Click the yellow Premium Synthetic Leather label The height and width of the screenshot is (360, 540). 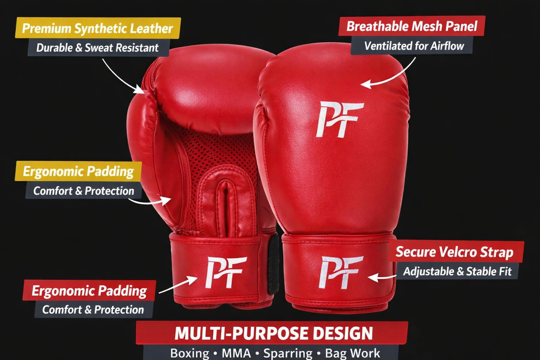(97, 28)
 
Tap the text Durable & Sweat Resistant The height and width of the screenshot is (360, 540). (97, 47)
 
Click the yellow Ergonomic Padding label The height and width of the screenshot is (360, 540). (78, 171)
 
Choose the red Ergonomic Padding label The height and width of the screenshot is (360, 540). (89, 291)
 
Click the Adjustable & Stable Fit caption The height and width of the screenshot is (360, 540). (457, 271)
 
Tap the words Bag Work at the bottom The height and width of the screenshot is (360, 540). (353, 354)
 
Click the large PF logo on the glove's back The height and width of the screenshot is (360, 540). (339, 119)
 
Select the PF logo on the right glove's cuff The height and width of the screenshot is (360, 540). (340, 271)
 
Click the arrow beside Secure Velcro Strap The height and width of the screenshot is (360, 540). (380, 276)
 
